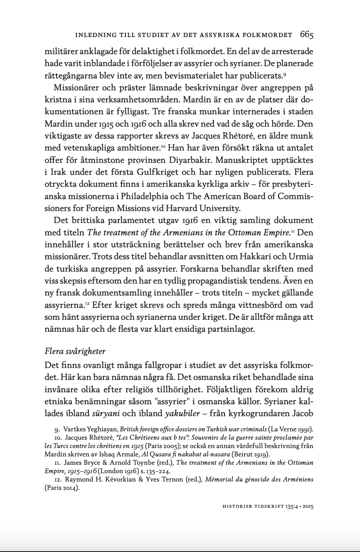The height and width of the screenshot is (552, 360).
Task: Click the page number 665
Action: point(307,35)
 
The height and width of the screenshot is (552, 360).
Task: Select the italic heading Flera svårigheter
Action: point(75,351)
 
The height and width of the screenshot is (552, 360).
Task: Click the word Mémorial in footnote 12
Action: point(220,480)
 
